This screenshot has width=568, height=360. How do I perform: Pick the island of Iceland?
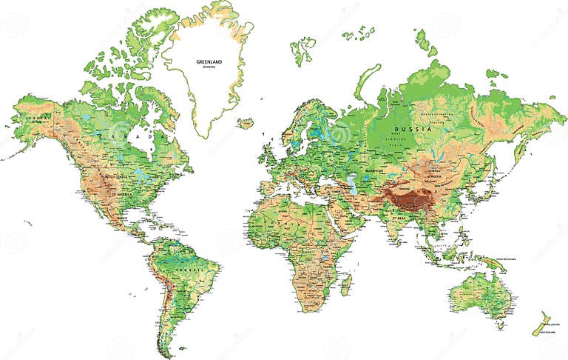[x=246, y=123]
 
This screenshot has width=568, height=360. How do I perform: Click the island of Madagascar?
[x=345, y=283]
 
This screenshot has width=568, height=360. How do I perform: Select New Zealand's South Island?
[x=542, y=327]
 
